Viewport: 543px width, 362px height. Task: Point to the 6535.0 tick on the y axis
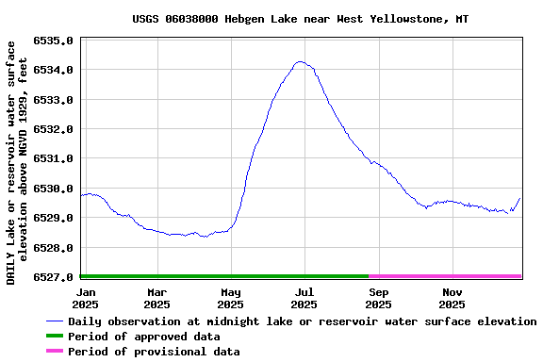53,41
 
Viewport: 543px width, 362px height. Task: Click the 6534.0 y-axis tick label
53,70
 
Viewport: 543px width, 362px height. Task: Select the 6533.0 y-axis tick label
53,100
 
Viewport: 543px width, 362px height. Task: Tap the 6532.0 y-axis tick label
53,129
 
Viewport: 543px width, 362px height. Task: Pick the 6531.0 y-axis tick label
53,158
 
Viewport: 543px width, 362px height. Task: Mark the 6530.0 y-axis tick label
53,189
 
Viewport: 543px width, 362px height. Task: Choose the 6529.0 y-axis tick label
53,218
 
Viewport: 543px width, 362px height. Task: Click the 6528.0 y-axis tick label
53,248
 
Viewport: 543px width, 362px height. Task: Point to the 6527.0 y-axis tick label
53,277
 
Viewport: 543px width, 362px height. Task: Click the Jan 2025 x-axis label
85,298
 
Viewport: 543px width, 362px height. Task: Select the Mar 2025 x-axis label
156,298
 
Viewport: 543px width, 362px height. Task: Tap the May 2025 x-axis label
230,298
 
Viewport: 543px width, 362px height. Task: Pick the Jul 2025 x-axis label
304,298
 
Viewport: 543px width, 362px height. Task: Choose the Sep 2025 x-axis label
378,298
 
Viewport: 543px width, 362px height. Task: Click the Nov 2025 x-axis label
452,298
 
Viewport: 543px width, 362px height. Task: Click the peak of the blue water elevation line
300,62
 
